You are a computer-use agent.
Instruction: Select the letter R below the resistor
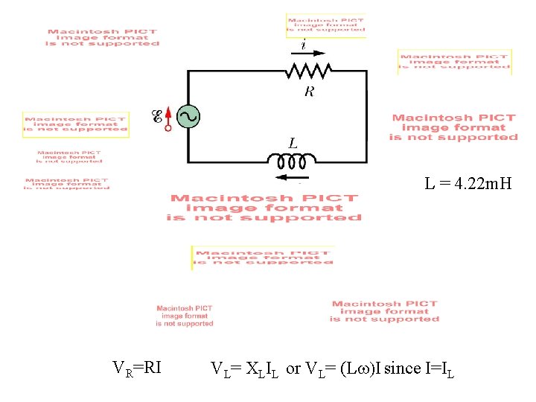309,92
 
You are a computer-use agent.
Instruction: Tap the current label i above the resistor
303,45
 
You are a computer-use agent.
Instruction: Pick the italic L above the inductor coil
293,142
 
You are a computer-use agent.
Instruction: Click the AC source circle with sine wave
187,116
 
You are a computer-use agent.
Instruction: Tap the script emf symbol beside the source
157,116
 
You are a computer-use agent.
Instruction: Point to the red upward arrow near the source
168,114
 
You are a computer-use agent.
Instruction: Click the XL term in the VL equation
255,368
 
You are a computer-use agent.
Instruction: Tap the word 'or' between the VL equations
293,368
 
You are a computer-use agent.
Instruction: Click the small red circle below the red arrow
168,128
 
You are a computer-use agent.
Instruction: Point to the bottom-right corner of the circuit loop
366,161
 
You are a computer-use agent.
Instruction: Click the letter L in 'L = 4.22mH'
430,182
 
